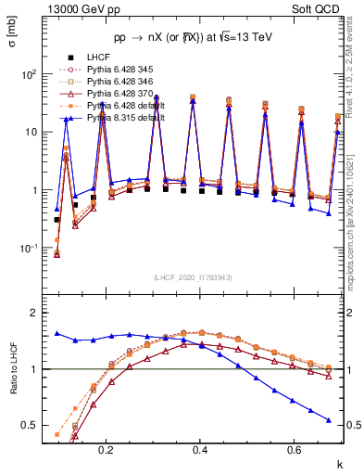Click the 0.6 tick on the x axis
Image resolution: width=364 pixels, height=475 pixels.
[294, 449]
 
